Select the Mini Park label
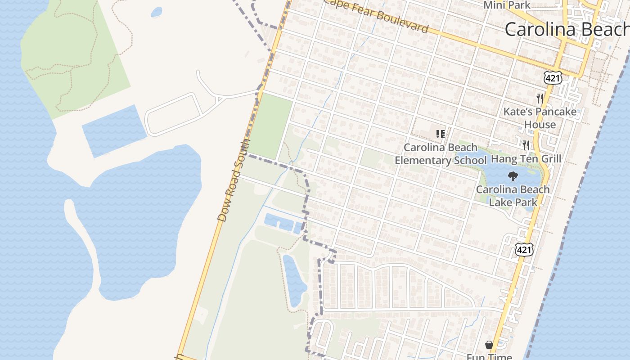pos(507,5)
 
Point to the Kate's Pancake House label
pos(540,118)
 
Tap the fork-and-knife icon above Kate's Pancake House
pos(540,98)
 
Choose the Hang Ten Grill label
pos(526,159)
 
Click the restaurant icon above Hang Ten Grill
pos(526,145)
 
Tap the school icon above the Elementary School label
pos(441,134)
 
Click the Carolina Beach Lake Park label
pos(513,196)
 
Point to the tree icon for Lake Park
pos(513,176)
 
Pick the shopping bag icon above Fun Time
pos(489,345)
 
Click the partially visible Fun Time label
pos(489,357)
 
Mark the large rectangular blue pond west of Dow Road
pos(114,130)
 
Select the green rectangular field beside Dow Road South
pos(270,126)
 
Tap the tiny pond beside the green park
pos(156,12)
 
